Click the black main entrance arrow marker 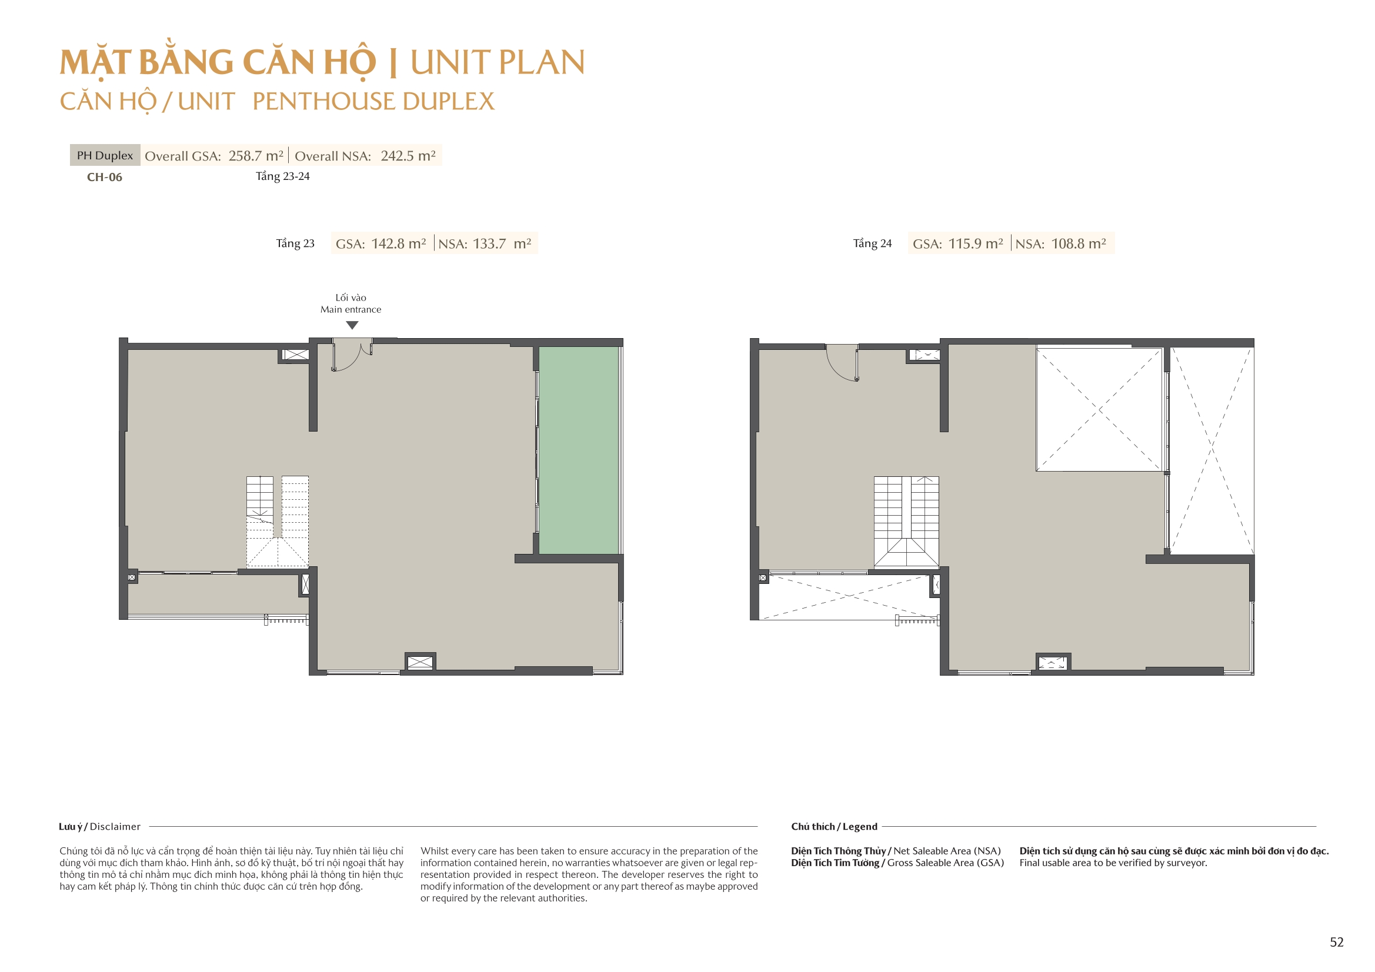tap(352, 325)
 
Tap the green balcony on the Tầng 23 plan tap(579, 450)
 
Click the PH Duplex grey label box tap(105, 155)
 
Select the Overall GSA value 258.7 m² tap(256, 156)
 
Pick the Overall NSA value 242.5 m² tap(408, 156)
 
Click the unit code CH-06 tap(105, 177)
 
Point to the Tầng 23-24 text tap(283, 176)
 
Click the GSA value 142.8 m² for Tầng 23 tap(399, 244)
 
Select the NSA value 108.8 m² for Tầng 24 tap(1079, 244)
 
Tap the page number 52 tap(1337, 942)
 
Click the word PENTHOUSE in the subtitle tap(323, 101)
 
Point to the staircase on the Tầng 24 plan tap(906, 522)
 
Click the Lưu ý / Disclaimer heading tap(99, 827)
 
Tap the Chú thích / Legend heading tap(834, 827)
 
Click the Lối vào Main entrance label tap(351, 303)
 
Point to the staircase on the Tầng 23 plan tap(277, 522)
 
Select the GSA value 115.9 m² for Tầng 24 tap(976, 244)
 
